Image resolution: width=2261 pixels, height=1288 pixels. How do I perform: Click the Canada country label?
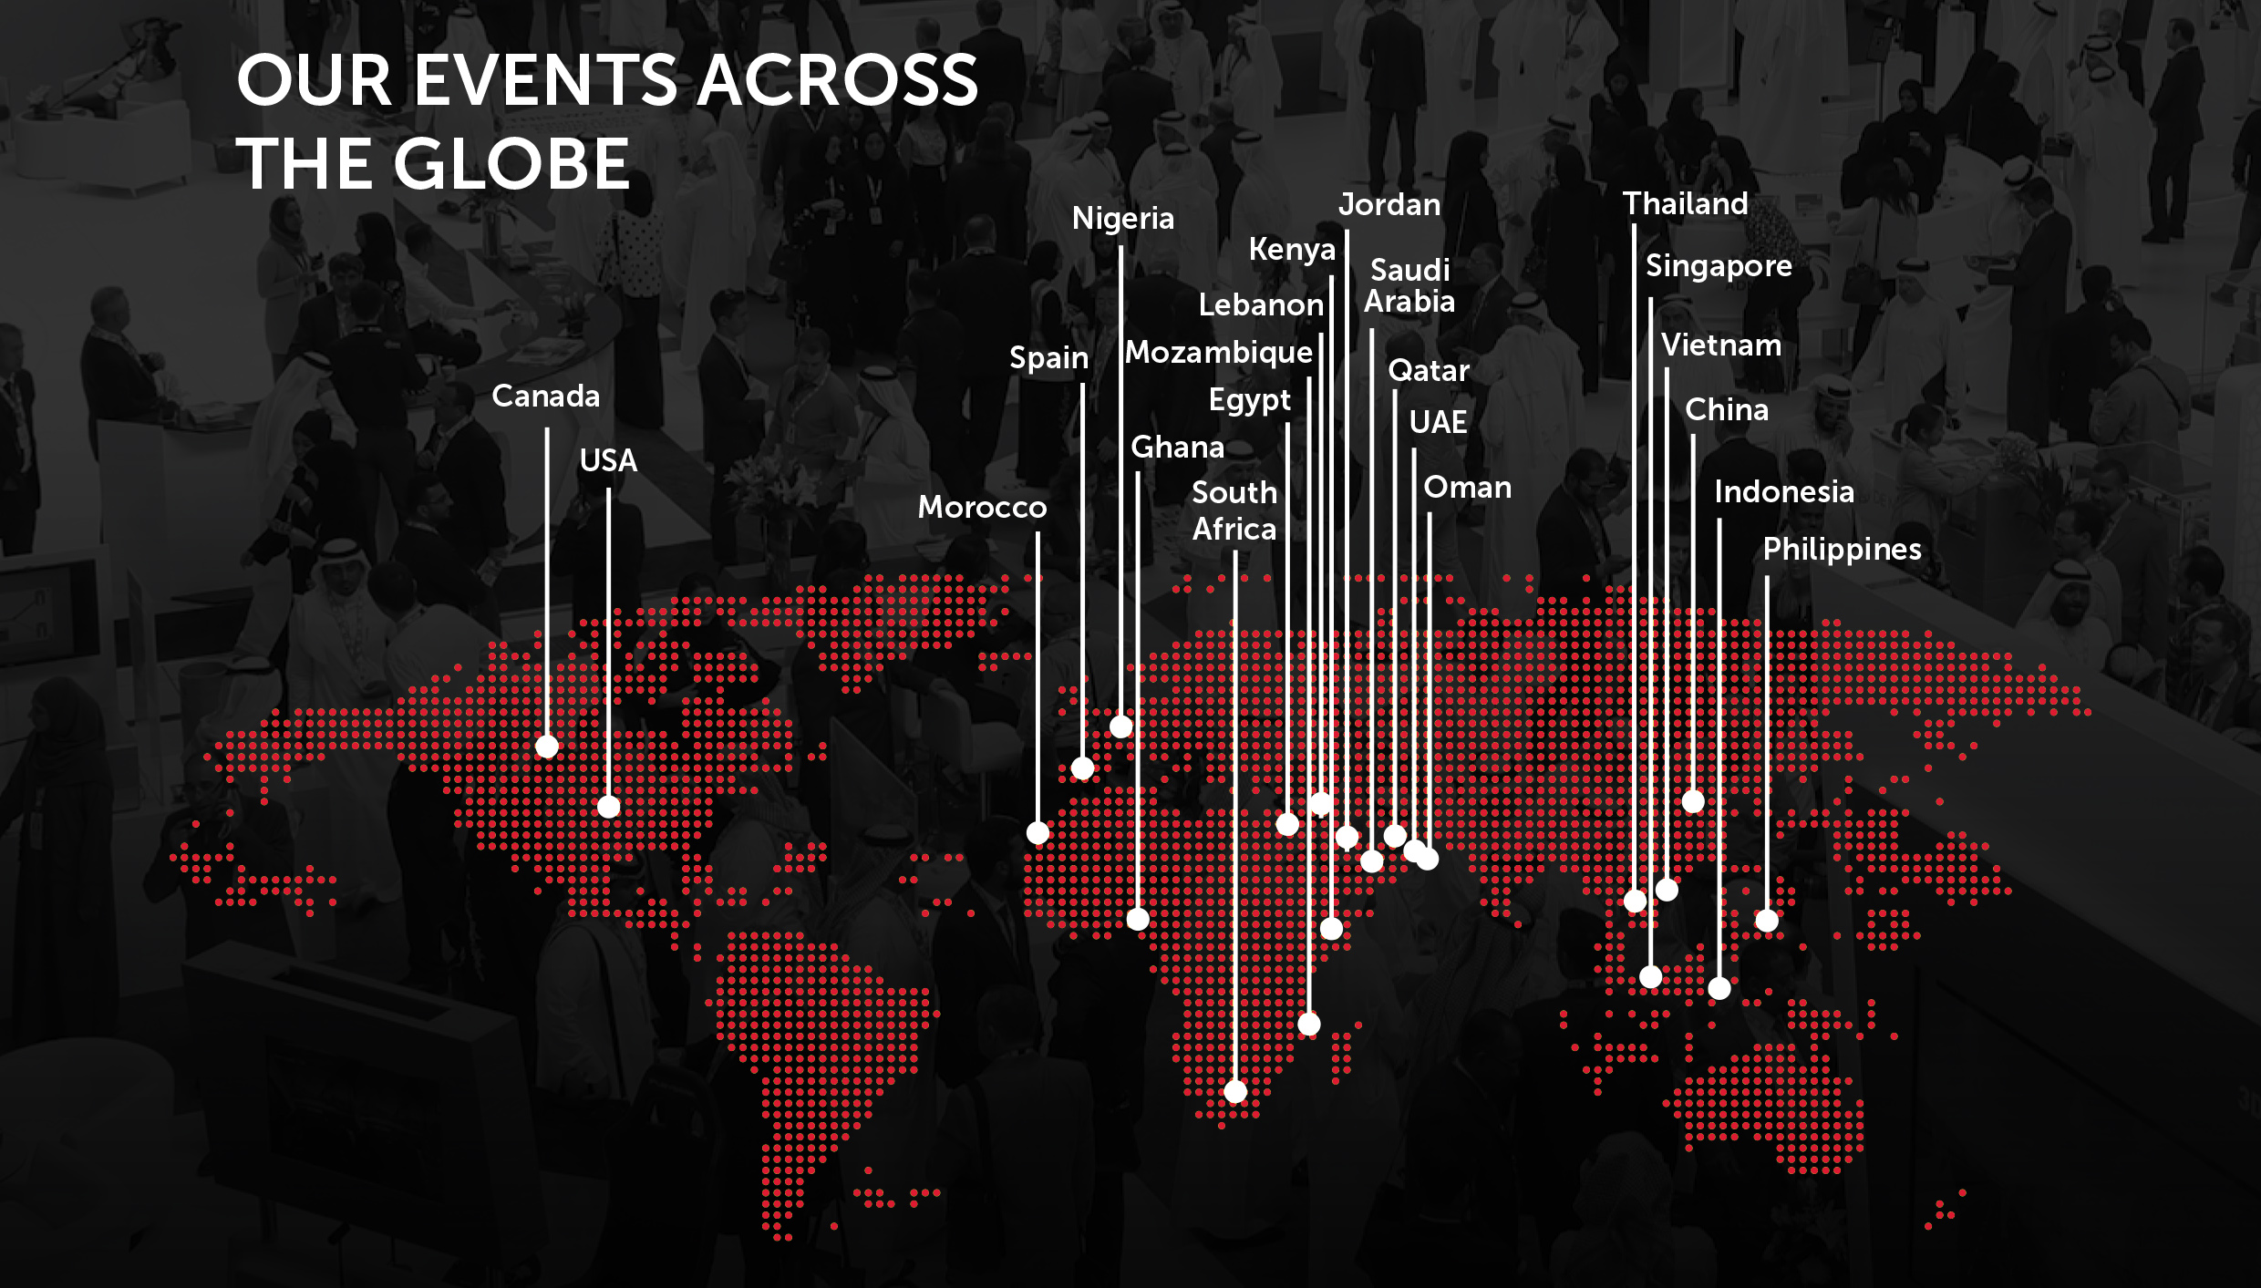pyautogui.click(x=545, y=396)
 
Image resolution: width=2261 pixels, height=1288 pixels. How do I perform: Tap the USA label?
pyautogui.click(x=608, y=460)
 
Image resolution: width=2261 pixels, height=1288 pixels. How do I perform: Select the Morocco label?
pyautogui.click(x=982, y=507)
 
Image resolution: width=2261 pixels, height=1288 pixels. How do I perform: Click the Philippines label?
pyautogui.click(x=1842, y=550)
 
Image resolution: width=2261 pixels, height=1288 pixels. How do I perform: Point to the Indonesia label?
pyautogui.click(x=1784, y=492)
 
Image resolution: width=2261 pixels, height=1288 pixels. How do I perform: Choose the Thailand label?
pyautogui.click(x=1686, y=203)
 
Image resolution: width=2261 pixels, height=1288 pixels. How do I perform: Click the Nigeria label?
pyautogui.click(x=1122, y=219)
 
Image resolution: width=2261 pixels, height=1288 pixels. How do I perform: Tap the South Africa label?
pyautogui.click(x=1234, y=510)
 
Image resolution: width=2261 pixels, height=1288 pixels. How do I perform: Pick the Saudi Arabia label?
pyautogui.click(x=1409, y=285)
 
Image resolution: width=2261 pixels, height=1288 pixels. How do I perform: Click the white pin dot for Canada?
pyautogui.click(x=547, y=747)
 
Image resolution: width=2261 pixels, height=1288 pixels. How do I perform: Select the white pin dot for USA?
pyautogui.click(x=608, y=807)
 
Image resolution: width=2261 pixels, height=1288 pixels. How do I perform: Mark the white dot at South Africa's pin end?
pyautogui.click(x=1235, y=1091)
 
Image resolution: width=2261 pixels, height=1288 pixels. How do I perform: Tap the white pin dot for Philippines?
pyautogui.click(x=1767, y=921)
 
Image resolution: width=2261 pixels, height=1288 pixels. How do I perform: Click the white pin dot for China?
pyautogui.click(x=1693, y=801)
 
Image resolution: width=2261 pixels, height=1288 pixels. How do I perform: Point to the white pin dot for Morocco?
pyautogui.click(x=1038, y=832)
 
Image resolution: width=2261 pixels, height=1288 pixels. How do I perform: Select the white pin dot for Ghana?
pyautogui.click(x=1138, y=919)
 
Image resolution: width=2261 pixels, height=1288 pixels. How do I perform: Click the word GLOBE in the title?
pyautogui.click(x=511, y=165)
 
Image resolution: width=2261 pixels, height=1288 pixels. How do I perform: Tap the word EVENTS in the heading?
pyautogui.click(x=545, y=80)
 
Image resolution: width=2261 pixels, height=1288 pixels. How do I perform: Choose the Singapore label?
pyautogui.click(x=1719, y=266)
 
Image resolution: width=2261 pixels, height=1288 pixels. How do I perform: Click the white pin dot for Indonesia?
pyautogui.click(x=1719, y=988)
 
